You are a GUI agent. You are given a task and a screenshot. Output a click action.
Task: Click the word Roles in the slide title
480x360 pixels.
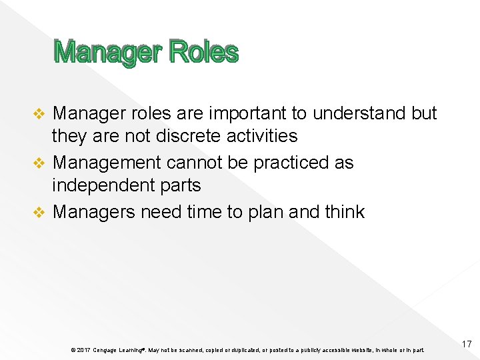[203, 52]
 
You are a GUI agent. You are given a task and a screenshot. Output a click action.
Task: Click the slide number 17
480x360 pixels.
[466, 344]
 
